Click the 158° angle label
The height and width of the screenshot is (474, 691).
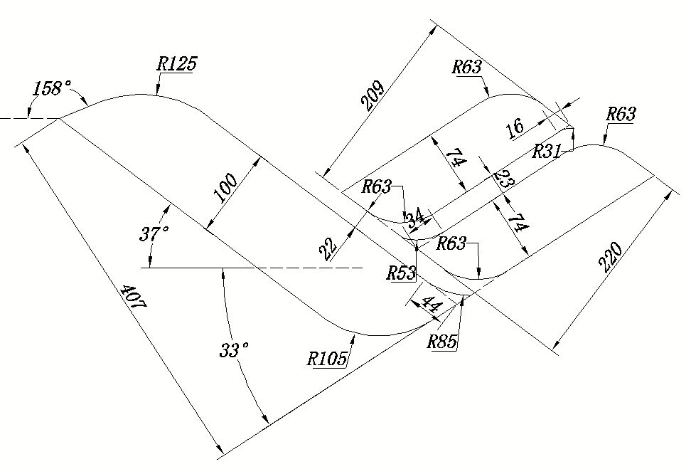click(x=53, y=88)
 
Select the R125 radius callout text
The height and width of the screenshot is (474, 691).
click(x=176, y=63)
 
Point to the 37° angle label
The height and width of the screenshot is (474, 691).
click(x=154, y=233)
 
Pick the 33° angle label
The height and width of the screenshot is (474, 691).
click(x=235, y=350)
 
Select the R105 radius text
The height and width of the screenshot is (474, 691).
click(x=327, y=358)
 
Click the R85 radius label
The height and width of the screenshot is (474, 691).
click(x=442, y=341)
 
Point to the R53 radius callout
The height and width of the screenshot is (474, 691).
click(x=401, y=273)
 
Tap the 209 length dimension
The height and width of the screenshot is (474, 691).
click(x=373, y=97)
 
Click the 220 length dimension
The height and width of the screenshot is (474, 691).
click(x=611, y=258)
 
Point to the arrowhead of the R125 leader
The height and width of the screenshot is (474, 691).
click(x=157, y=93)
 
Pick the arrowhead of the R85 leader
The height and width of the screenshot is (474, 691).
click(x=464, y=297)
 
